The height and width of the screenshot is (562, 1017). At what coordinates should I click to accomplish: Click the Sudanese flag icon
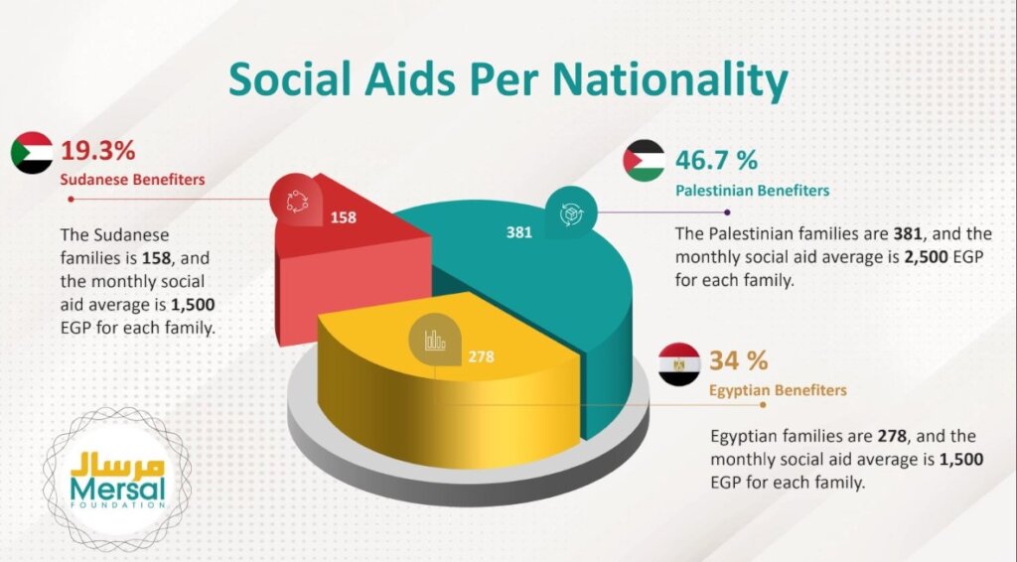(33, 154)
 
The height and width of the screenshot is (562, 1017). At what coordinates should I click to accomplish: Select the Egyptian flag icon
(679, 364)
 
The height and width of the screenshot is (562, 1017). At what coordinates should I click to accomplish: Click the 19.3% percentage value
(98, 151)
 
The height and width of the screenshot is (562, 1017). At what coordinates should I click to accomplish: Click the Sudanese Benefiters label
(132, 181)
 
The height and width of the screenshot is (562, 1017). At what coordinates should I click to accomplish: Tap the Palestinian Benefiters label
(752, 190)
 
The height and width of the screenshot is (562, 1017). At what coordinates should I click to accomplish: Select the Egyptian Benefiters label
(778, 390)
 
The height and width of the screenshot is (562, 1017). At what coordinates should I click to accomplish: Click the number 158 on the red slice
(344, 215)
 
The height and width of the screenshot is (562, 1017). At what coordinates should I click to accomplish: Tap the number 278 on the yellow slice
(481, 356)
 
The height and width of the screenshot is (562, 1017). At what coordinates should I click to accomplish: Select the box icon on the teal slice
(572, 214)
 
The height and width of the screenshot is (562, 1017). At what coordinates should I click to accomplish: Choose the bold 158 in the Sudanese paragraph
(155, 258)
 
